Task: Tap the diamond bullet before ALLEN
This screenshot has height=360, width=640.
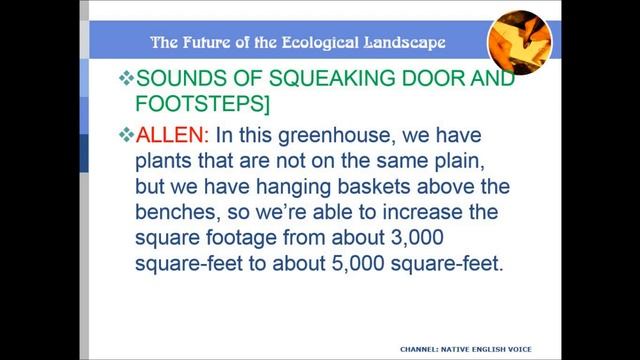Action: (125, 135)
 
